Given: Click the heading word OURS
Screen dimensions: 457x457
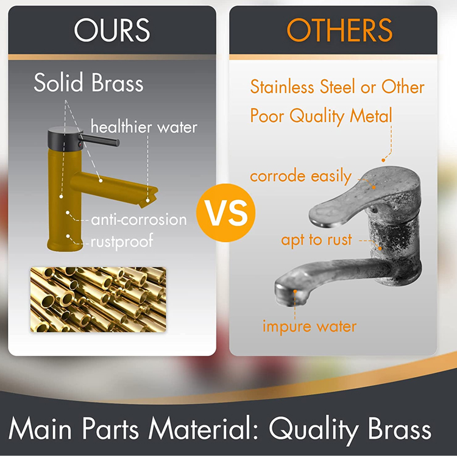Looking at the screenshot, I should coord(112,30).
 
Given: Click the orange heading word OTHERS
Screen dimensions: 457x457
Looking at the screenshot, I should coord(339,30).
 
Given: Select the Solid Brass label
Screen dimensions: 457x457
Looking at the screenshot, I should coord(88,82).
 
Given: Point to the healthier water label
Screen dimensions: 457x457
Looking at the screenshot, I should coord(144,127).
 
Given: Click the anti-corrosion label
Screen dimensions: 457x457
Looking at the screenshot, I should coord(138,219).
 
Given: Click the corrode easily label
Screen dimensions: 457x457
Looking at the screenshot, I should coord(300,177).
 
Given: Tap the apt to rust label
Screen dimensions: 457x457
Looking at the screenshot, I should coord(316,239).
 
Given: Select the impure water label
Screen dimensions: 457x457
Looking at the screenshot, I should coord(309,326).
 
